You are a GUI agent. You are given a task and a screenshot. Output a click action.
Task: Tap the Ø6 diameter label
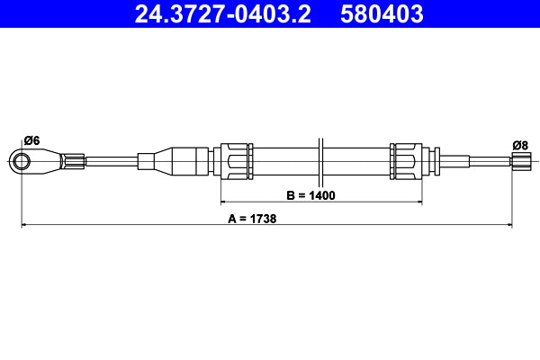(x=31, y=139)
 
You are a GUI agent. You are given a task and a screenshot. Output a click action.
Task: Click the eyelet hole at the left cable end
(x=22, y=161)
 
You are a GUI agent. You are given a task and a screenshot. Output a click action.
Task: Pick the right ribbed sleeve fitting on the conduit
(x=406, y=161)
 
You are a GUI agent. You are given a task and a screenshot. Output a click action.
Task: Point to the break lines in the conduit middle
(x=320, y=161)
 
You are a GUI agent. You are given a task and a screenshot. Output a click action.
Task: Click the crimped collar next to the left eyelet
(x=74, y=161)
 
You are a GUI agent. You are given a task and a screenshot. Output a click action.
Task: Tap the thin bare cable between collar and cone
(x=110, y=161)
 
